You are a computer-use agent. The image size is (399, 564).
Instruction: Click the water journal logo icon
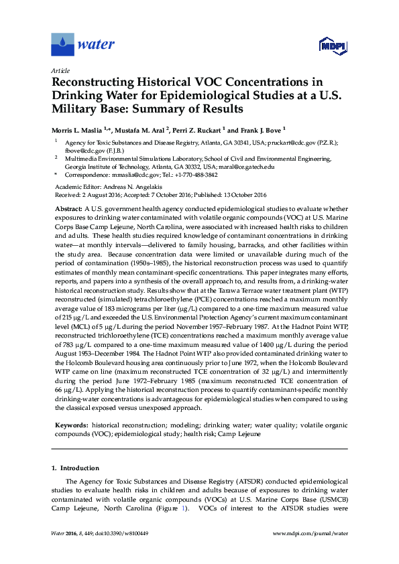(x=63, y=45)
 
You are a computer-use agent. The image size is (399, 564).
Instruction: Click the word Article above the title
(x=59, y=70)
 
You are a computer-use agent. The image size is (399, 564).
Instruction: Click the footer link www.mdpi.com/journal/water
(x=312, y=552)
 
